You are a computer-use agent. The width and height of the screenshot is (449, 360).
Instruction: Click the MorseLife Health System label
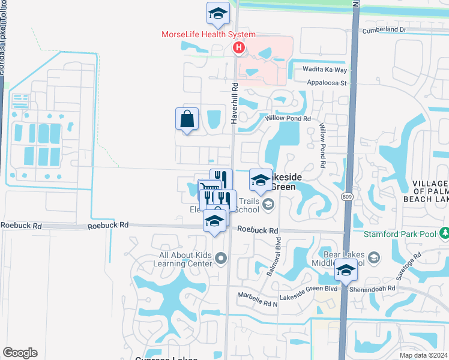tap(209, 35)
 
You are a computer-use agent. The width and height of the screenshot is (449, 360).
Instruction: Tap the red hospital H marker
tap(240, 48)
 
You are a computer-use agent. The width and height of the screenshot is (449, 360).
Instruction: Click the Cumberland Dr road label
tap(384, 29)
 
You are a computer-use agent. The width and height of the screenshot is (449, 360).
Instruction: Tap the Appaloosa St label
tap(327, 83)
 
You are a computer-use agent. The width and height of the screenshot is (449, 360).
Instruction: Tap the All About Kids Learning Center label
tap(185, 259)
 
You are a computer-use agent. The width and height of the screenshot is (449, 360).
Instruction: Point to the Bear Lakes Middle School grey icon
tap(373, 258)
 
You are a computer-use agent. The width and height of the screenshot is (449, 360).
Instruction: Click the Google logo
tap(20, 353)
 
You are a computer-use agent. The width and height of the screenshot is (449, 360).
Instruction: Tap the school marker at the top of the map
tap(218, 13)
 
